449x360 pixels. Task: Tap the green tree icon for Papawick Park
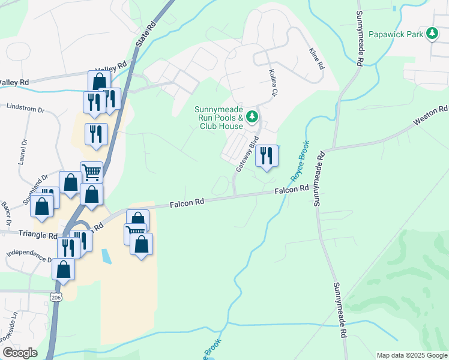click(432, 34)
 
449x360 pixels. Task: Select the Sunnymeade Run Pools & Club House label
click(218, 118)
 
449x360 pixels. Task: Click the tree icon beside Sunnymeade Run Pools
click(253, 116)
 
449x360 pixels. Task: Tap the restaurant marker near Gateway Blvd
click(266, 156)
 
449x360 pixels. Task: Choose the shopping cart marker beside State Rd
click(91, 172)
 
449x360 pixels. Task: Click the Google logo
click(20, 353)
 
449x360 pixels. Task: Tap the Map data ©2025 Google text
click(411, 355)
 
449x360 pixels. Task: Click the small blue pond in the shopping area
click(106, 256)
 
